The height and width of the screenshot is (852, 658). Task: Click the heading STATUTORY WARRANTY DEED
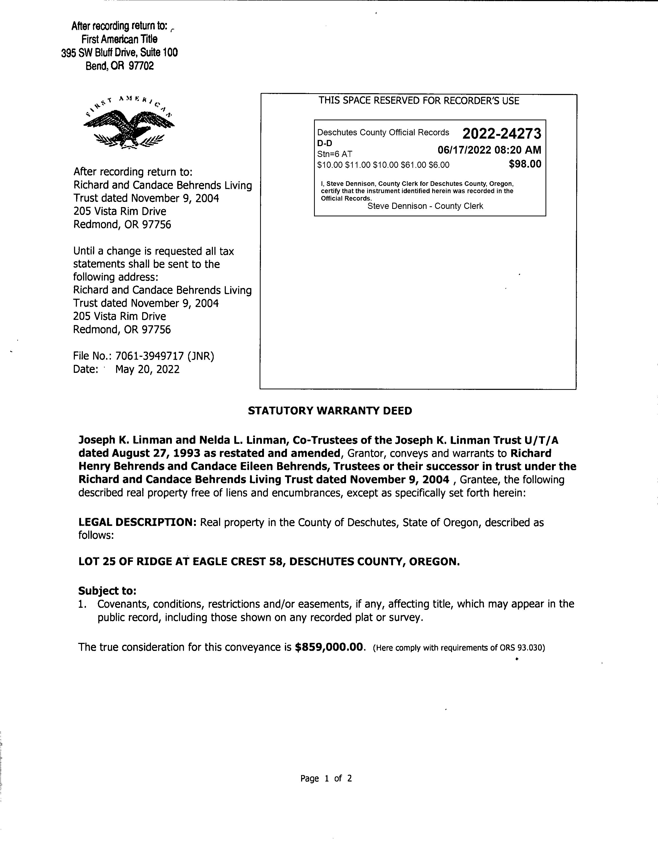330,411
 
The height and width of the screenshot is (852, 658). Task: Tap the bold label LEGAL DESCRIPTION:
138,522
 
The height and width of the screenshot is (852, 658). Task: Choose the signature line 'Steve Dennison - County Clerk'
425,206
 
